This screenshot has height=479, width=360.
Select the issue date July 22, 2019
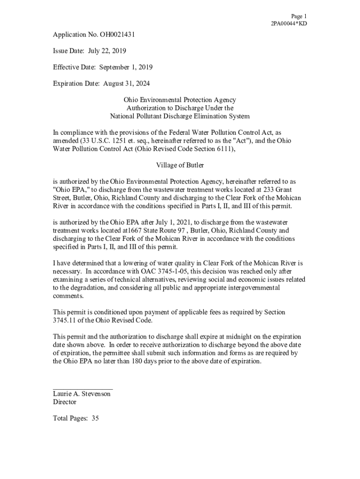pos(107,51)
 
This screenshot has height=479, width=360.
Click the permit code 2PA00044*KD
pos(289,23)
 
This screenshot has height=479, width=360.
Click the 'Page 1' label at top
pos(299,16)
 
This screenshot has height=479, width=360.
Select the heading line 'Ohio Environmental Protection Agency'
pos(180,100)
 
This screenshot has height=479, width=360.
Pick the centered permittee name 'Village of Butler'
pos(180,165)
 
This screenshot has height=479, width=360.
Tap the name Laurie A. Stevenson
pos(82,394)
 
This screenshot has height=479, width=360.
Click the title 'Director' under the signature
pos(65,402)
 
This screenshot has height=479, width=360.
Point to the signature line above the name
pos(83,389)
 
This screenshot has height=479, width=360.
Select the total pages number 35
pos(95,418)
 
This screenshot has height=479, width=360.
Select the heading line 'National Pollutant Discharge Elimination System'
pos(180,116)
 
